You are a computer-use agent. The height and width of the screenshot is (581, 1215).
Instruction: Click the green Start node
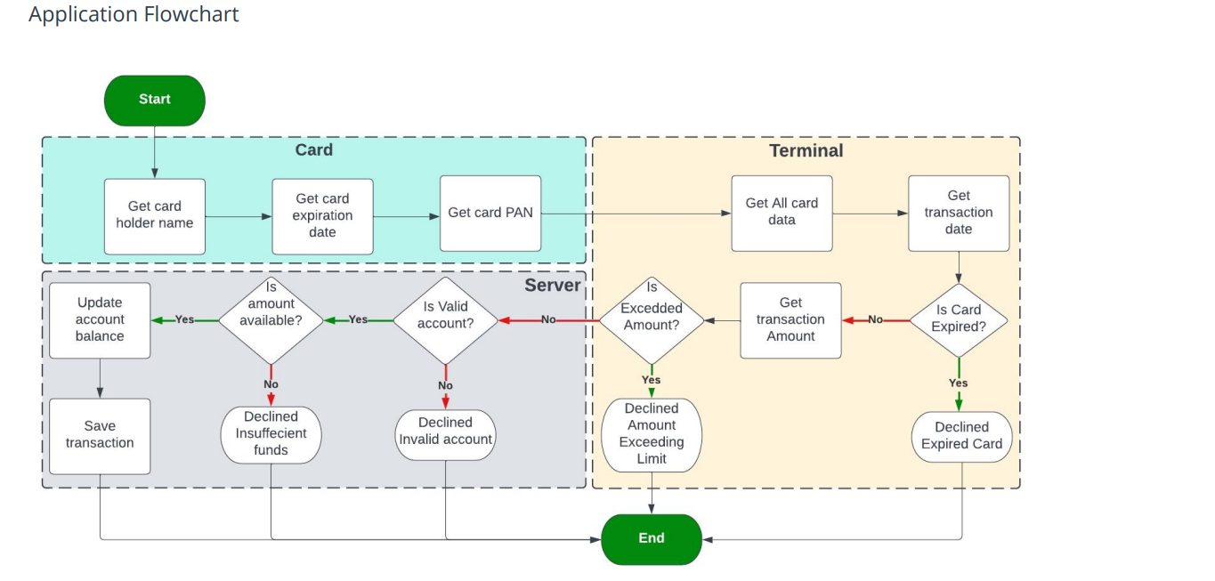click(x=155, y=100)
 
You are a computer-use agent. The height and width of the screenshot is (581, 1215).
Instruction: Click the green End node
click(x=652, y=538)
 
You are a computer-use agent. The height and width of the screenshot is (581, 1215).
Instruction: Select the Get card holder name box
click(x=155, y=215)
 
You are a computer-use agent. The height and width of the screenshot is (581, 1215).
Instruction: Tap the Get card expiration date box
click(x=322, y=216)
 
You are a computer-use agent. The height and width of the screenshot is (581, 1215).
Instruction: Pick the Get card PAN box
click(x=490, y=214)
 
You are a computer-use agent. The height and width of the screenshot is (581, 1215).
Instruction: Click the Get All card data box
click(x=782, y=213)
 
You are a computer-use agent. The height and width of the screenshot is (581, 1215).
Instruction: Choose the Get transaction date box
click(x=959, y=213)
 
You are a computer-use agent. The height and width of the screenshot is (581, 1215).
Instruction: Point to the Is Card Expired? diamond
click(x=958, y=319)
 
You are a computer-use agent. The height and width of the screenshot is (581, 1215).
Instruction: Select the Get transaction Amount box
click(x=790, y=320)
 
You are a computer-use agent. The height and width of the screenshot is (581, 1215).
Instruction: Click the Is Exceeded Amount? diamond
click(x=652, y=319)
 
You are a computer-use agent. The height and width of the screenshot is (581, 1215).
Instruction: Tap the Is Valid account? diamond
click(x=445, y=319)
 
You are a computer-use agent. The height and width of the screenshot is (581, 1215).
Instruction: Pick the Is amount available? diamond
click(x=271, y=319)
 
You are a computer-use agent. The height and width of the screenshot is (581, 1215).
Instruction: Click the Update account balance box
click(x=100, y=320)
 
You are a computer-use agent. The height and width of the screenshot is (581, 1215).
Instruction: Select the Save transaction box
click(x=100, y=435)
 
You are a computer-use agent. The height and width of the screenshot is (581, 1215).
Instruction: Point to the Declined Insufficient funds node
click(x=271, y=434)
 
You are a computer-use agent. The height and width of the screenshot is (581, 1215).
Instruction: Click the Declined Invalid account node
click(x=445, y=432)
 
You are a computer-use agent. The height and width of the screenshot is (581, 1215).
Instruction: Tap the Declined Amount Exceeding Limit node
click(x=652, y=435)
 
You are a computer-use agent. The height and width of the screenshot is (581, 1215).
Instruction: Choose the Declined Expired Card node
click(x=961, y=436)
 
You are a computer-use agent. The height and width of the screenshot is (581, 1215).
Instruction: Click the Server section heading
click(x=552, y=286)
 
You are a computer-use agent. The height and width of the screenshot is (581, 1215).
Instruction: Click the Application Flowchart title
click(x=134, y=15)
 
